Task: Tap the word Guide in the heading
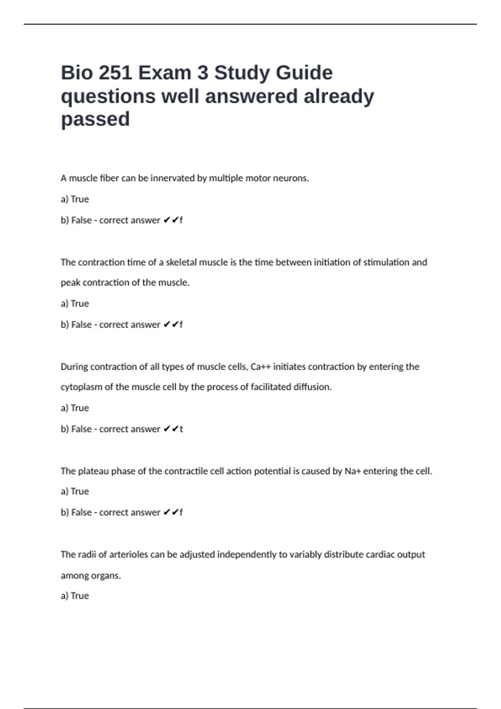[x=304, y=73]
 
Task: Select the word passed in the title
[x=95, y=119]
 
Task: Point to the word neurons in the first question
[x=291, y=178]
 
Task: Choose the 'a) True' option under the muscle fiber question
[x=75, y=199]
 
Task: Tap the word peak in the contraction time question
[x=71, y=283]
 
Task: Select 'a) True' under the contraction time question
[x=75, y=304]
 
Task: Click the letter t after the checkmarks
[x=181, y=429]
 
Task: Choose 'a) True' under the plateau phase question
[x=75, y=491]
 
